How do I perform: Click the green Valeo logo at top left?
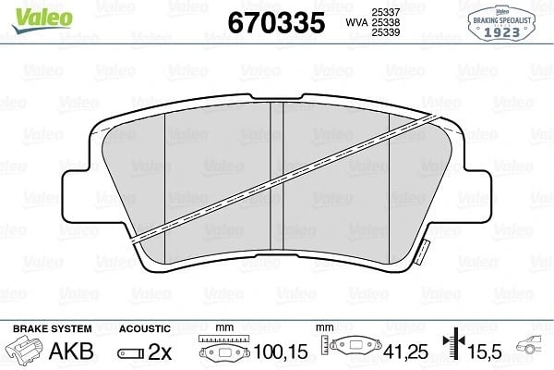42,20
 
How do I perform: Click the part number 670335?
276,22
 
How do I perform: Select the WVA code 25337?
385,12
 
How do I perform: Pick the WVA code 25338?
385,22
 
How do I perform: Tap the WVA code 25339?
385,32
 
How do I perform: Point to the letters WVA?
356,22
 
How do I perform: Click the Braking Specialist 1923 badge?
501,23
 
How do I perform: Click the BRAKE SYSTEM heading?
53,328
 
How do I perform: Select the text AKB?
71,351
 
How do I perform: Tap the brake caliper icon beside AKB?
23,349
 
